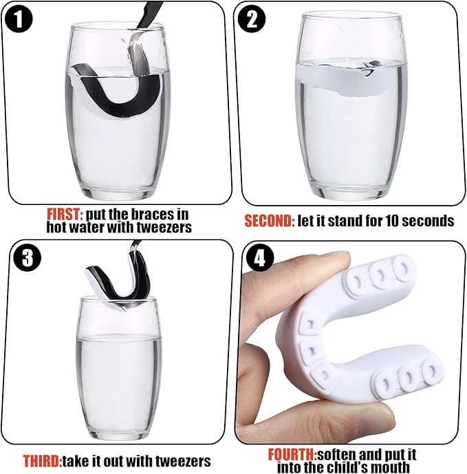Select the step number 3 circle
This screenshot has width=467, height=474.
tap(28, 258)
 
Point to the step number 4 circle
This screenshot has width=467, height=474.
tap(260, 259)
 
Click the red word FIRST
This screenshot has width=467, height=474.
tap(65, 215)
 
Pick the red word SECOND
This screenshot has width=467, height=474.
tap(270, 221)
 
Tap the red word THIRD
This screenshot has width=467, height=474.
tap(43, 461)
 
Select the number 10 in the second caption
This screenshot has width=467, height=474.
tap(391, 221)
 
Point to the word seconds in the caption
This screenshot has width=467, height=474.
tap(428, 221)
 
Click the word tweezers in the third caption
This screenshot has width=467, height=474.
tap(183, 461)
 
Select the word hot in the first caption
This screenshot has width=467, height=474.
tap(57, 227)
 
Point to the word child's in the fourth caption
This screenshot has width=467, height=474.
tap(347, 467)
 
